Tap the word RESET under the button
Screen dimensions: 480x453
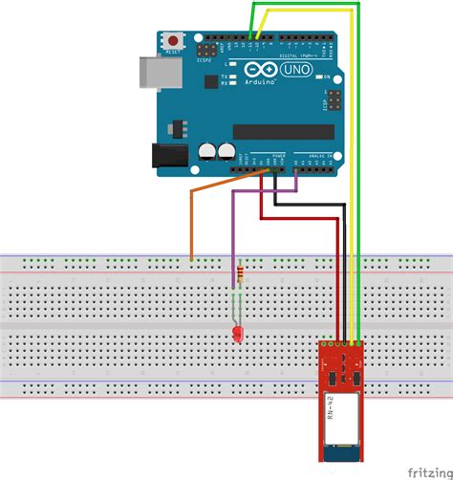tap(173, 53)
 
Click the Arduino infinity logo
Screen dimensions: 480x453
tap(260, 71)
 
